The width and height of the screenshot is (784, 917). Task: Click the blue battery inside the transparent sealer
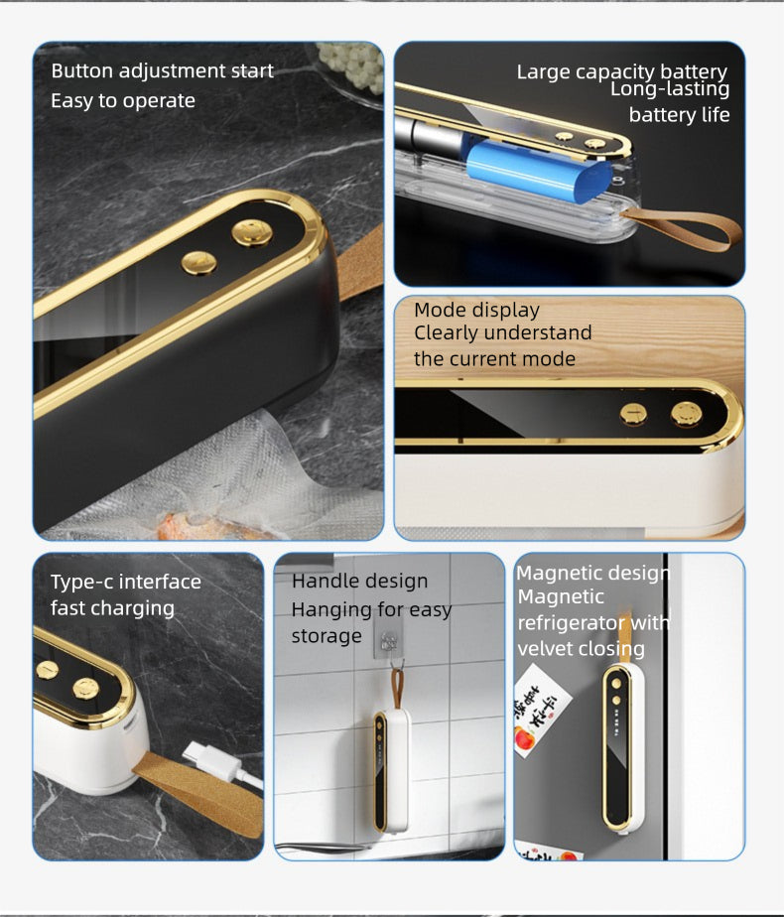tap(537, 170)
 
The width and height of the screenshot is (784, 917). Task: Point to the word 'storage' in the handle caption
tap(327, 636)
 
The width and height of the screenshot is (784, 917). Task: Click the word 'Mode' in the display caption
tap(439, 310)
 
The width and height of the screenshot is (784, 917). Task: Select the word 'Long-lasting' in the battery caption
tap(670, 89)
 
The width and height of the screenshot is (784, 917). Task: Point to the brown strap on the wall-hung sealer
tap(397, 690)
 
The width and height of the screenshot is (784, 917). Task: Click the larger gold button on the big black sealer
tap(252, 232)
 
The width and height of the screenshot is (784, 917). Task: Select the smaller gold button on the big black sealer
tap(198, 263)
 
